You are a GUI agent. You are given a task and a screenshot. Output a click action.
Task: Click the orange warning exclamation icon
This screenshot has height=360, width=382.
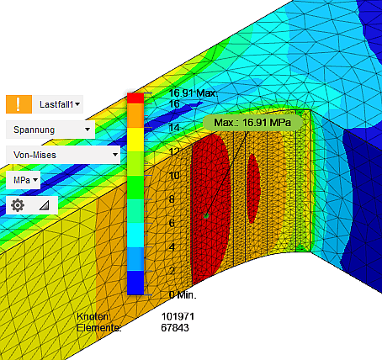coord(19,104)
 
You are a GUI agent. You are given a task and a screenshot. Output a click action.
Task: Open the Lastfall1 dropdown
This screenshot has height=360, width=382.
coord(59,104)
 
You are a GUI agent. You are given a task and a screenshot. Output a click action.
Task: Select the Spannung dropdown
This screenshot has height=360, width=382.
coord(50,130)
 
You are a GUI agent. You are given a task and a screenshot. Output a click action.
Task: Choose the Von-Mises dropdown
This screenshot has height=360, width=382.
coord(63,155)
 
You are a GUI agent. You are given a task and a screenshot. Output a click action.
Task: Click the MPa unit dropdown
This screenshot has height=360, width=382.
coord(24,180)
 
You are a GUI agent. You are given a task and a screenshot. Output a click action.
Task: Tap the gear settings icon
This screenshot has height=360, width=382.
coord(18,205)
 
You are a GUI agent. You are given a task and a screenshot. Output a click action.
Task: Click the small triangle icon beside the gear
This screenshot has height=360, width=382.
coord(45,205)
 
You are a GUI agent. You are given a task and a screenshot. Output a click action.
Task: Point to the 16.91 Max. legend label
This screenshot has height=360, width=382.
coord(193,93)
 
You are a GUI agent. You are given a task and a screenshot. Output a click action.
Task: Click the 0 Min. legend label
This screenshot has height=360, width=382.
coord(183,294)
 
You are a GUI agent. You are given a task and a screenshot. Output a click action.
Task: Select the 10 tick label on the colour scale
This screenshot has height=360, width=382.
coord(174,176)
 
